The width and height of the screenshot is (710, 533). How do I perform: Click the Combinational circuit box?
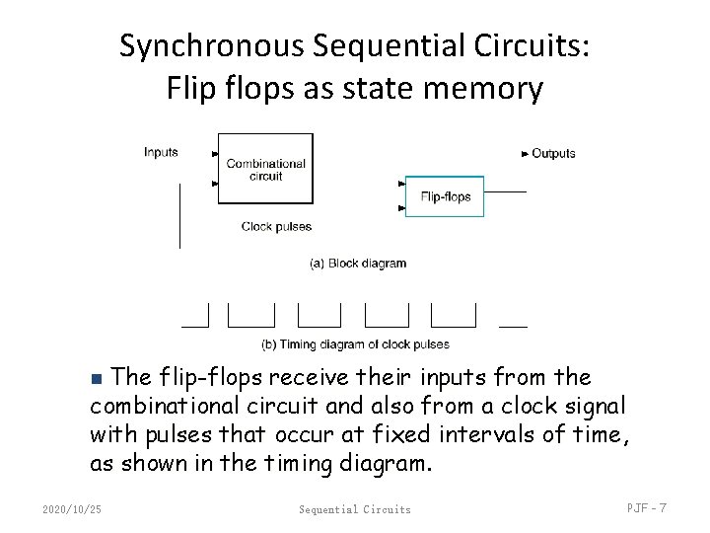point(265,169)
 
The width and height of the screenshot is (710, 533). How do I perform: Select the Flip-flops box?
point(446,196)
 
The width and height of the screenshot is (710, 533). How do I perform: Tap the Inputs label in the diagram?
point(161,152)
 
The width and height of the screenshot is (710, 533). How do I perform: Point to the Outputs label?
point(553,153)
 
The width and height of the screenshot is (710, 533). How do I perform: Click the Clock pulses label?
point(276,227)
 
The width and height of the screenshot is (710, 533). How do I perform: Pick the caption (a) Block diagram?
point(358,264)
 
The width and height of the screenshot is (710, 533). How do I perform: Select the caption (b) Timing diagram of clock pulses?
point(355,344)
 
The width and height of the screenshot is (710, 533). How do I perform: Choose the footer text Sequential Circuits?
point(355,509)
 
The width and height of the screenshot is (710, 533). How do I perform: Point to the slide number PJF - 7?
point(647,508)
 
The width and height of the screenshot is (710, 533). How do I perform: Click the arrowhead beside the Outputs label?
point(524,153)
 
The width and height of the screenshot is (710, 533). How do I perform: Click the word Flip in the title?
point(187,89)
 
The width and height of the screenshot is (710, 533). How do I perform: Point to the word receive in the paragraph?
point(323,377)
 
